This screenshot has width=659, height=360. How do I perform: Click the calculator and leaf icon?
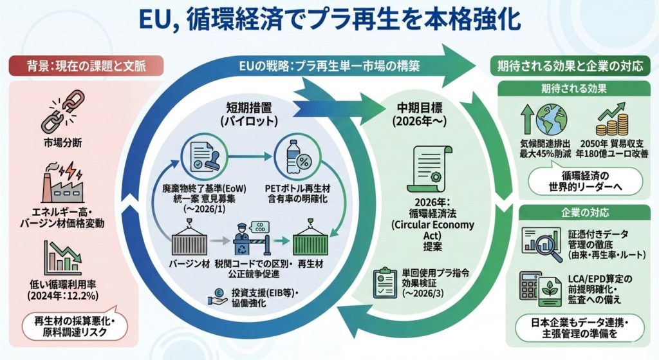(x=541, y=287)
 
